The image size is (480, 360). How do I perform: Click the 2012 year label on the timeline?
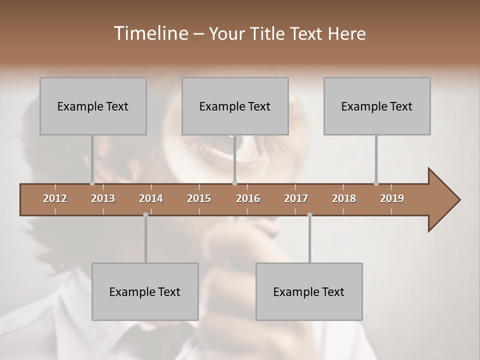(x=55, y=198)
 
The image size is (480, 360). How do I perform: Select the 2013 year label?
(x=103, y=198)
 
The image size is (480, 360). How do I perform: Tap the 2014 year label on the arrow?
(x=151, y=198)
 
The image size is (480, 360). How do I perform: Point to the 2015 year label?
(x=199, y=198)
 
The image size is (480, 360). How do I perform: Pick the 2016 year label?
(x=248, y=198)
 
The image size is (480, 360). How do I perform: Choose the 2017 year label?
(x=296, y=198)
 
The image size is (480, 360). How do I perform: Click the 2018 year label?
(x=344, y=198)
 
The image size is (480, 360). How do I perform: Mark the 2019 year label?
(x=392, y=198)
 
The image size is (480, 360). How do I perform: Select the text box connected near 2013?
(x=93, y=106)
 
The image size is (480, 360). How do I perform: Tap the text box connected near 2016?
(x=235, y=106)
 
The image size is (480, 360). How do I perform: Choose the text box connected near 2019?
(x=377, y=106)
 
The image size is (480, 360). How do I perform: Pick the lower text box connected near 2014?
(x=145, y=291)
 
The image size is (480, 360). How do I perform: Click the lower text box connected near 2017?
(x=309, y=291)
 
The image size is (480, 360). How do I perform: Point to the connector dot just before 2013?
(x=92, y=183)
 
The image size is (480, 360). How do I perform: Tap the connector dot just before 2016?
(x=234, y=183)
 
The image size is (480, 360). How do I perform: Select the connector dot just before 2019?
(x=376, y=183)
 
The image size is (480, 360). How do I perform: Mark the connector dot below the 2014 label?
(x=145, y=214)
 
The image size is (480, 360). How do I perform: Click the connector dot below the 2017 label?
(x=309, y=214)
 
